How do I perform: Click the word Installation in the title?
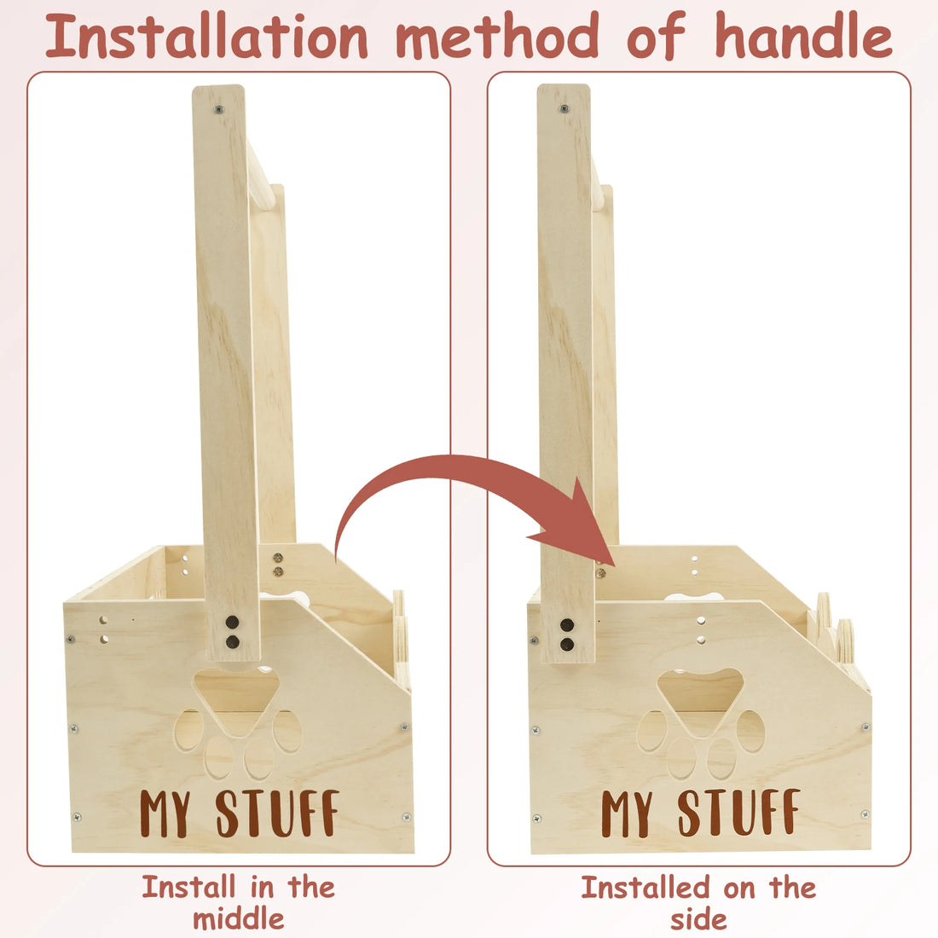coord(206,36)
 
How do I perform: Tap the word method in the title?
coord(497,36)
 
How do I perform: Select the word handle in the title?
coord(803,36)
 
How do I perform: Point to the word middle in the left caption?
coord(238,918)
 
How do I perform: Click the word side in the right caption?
coord(698,919)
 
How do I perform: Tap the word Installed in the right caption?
coord(646,887)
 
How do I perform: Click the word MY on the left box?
coord(165,813)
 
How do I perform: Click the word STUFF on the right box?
coord(738,812)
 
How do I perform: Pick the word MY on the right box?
coord(627,813)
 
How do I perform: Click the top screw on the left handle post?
coord(219,109)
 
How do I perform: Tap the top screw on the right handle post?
coord(564,109)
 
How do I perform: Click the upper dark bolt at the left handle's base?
coord(232,622)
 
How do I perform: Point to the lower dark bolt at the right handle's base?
coord(566,645)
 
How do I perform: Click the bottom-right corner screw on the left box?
coord(406,817)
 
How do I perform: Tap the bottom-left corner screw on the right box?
coord(537,819)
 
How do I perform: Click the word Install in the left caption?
coord(189,887)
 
